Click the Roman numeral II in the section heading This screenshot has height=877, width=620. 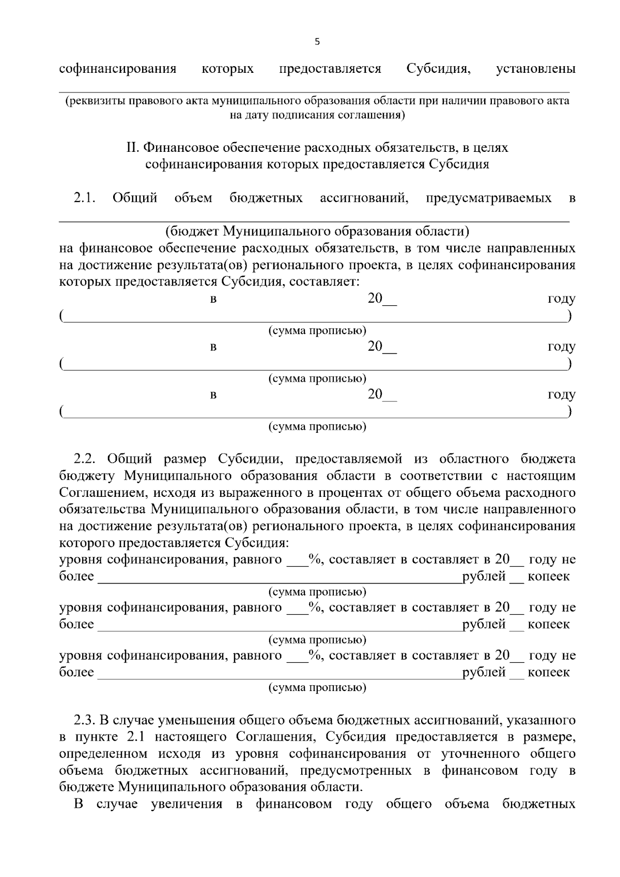click(x=133, y=148)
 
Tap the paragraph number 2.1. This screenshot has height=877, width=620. click(x=85, y=198)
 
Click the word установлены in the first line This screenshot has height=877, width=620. click(x=535, y=69)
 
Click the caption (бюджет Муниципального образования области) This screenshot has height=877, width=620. click(x=317, y=231)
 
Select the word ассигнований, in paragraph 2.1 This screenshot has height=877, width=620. click(x=364, y=198)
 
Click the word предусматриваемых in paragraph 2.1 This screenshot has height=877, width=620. click(x=488, y=198)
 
